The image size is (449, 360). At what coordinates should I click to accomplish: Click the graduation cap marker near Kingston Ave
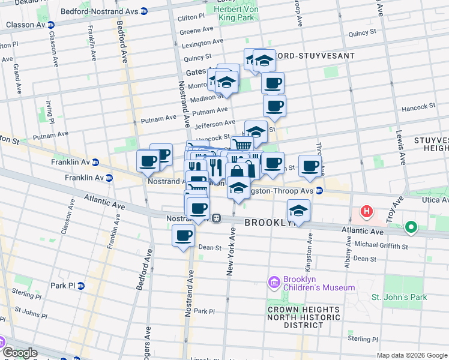298,211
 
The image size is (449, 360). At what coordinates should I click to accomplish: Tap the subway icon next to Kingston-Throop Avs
320,191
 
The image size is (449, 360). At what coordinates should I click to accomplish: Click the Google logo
19,353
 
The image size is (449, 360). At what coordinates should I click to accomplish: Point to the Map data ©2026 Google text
412,355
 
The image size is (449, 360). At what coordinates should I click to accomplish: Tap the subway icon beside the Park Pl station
81,286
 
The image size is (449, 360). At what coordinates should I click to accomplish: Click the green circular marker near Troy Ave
411,227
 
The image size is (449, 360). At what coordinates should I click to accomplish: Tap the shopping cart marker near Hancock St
241,145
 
